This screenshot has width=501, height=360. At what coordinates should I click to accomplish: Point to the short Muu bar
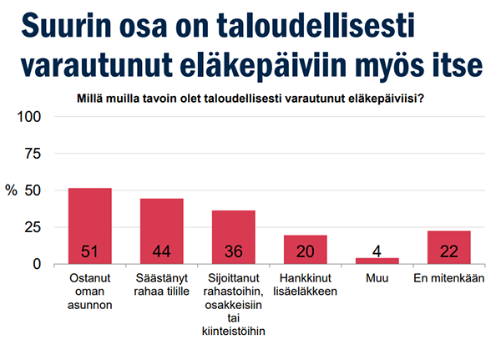[377, 261]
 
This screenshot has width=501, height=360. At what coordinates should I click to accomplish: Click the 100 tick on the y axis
[30, 117]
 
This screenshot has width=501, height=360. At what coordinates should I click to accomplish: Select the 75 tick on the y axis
[33, 154]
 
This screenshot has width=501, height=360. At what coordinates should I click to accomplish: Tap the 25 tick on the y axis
[33, 227]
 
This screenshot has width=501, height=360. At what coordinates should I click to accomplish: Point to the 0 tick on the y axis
[38, 264]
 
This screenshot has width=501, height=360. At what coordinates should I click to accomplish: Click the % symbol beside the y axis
[11, 190]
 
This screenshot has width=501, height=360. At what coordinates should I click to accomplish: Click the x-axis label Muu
[377, 279]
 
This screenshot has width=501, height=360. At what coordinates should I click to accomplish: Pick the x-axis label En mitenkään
[448, 279]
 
